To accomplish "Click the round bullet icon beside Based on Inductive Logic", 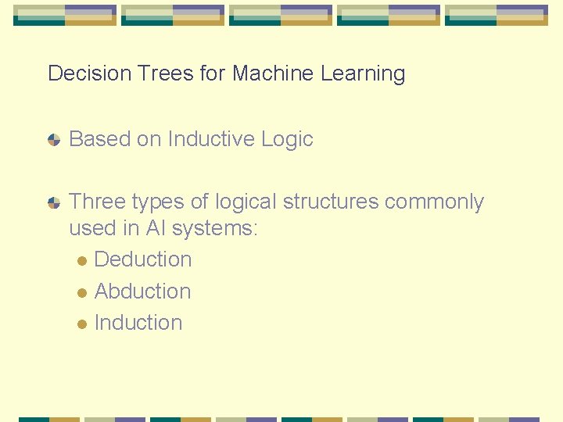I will coord(53,140).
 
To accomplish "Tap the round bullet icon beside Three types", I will coord(53,202).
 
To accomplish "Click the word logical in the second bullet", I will coord(246,202).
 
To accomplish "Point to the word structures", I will coord(331,202).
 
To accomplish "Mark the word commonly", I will coord(434,202).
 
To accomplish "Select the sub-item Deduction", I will coord(142,259).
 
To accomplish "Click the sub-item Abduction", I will coord(142,291).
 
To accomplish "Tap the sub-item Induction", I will coord(138,323).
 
